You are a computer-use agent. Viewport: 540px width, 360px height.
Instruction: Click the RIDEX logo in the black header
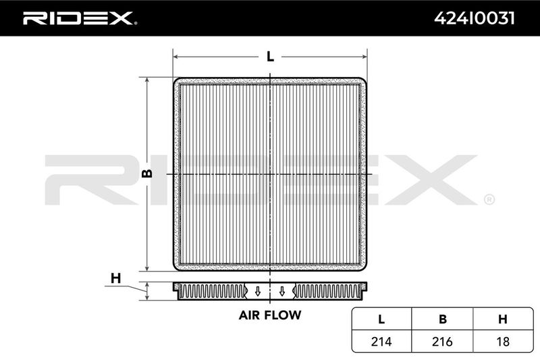[80, 18]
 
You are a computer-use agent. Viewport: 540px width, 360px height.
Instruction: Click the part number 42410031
[475, 18]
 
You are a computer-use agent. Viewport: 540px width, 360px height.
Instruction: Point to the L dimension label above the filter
[271, 57]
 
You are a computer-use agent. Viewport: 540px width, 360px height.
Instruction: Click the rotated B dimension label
[147, 174]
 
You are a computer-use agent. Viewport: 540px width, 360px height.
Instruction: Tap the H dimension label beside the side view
[115, 278]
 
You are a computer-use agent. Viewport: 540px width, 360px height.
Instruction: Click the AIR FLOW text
[269, 315]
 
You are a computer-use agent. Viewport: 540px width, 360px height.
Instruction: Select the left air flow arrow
[257, 292]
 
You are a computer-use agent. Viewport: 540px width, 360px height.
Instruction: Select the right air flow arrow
[282, 292]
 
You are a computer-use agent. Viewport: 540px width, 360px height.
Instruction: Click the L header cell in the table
[381, 319]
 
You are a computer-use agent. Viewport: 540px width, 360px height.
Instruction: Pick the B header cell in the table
[443, 319]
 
